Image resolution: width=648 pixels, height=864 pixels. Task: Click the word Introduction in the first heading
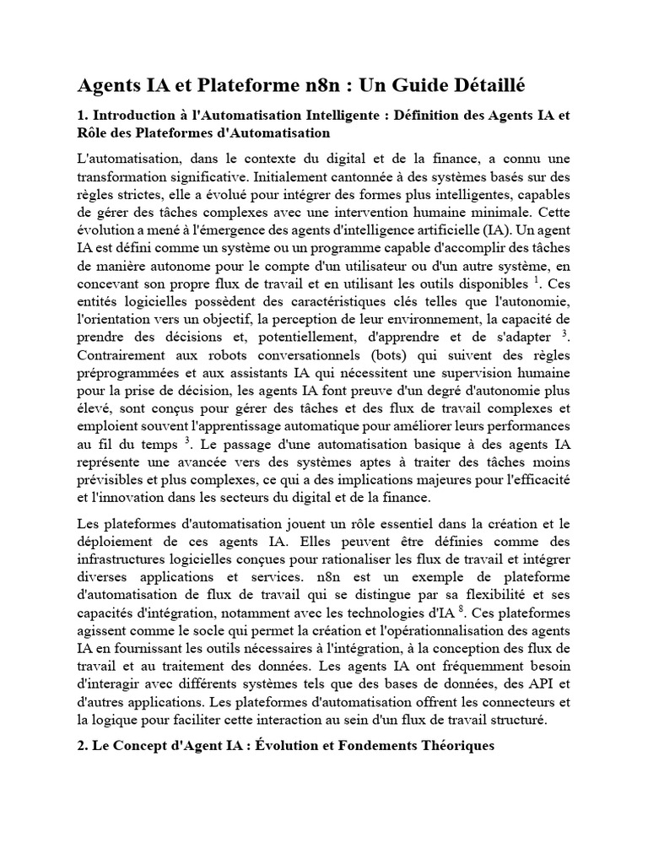[x=136, y=115]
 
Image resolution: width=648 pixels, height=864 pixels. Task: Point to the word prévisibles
[x=111, y=479]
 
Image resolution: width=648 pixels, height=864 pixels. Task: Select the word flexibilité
[x=504, y=595]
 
